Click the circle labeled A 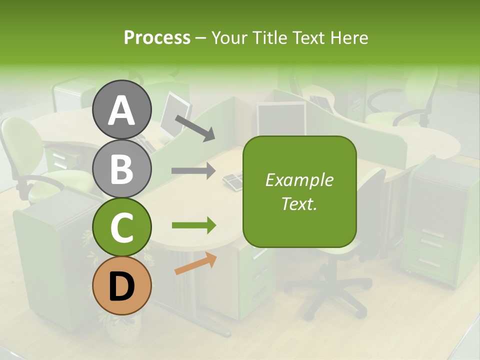[x=121, y=109]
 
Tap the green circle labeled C [x=121, y=227]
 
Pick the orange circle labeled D [x=121, y=285]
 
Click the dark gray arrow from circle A [x=194, y=127]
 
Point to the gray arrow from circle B [x=193, y=171]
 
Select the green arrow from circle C [x=193, y=225]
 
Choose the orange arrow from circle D [x=195, y=263]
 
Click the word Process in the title [x=157, y=37]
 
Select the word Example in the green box [x=299, y=180]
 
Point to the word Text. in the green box [x=299, y=203]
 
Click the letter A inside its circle [x=121, y=110]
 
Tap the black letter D [x=121, y=286]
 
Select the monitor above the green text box [x=281, y=118]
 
